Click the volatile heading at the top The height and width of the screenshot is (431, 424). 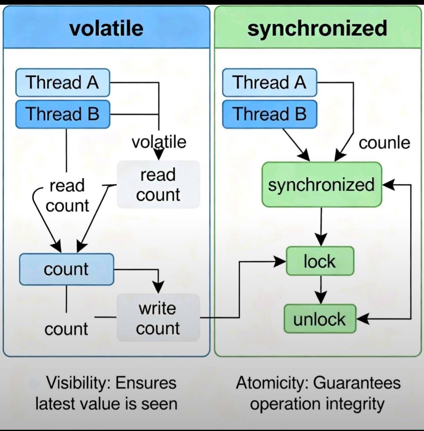(106, 28)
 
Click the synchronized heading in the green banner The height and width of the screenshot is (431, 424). (317, 28)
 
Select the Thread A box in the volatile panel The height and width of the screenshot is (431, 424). (63, 82)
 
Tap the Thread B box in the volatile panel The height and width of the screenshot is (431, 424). (63, 114)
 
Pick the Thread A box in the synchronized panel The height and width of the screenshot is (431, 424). (269, 82)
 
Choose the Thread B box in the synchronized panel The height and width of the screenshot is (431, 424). (269, 114)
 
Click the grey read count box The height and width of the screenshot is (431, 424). (158, 185)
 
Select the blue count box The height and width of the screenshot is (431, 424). (66, 269)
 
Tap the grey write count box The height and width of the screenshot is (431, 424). (158, 318)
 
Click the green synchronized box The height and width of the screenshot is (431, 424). (321, 185)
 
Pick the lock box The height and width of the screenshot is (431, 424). (320, 261)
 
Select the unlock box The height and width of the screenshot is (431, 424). (320, 319)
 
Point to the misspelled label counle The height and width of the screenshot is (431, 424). (384, 143)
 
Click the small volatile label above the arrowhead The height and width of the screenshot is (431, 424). (159, 142)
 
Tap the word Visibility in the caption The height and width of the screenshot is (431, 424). (77, 383)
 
